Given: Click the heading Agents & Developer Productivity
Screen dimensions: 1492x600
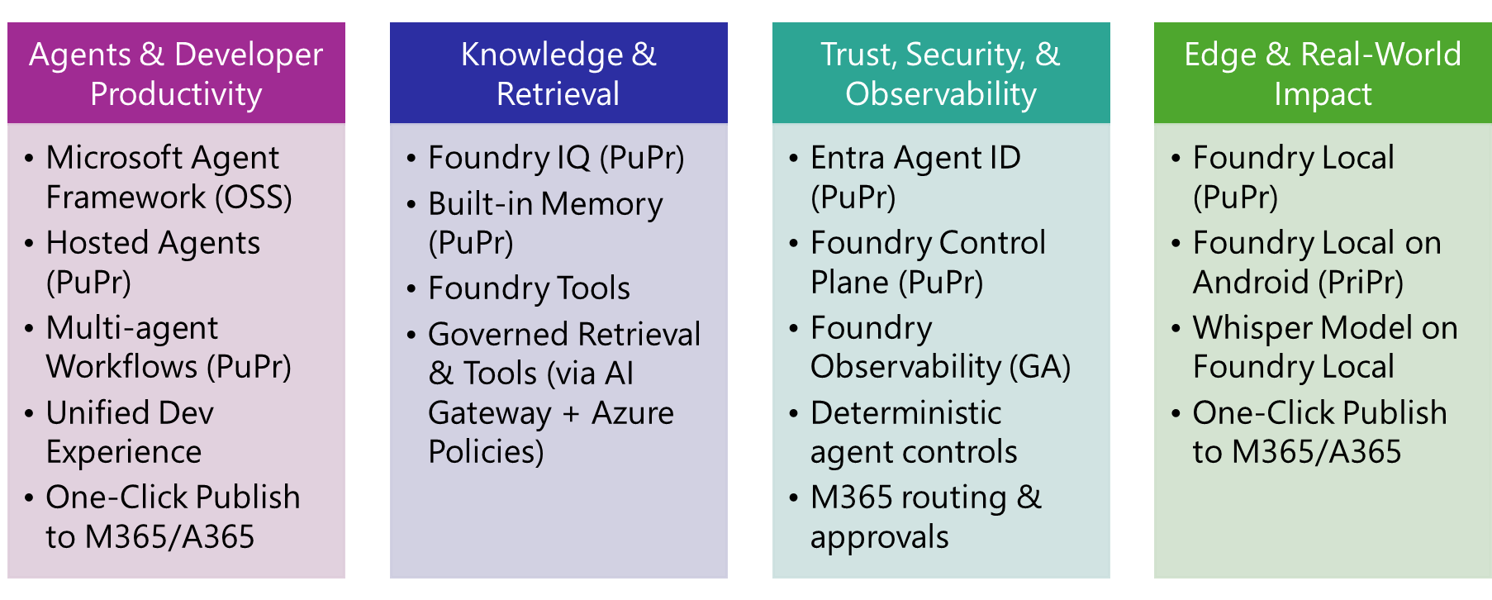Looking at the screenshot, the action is click(176, 74).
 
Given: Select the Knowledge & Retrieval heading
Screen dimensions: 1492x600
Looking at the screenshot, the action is click(558, 74).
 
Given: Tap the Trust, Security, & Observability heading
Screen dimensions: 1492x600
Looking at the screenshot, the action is click(941, 74).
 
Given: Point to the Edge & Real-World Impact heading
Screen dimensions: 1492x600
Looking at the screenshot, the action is click(1323, 74).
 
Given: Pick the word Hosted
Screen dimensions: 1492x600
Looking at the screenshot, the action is click(97, 243).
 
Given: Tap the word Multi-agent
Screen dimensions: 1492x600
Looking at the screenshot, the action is click(132, 328).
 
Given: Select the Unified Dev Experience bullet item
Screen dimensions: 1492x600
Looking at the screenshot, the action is click(130, 432).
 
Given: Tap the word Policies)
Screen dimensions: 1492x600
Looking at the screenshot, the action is click(486, 452).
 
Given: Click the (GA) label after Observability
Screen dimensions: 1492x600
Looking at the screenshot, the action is click(1040, 367).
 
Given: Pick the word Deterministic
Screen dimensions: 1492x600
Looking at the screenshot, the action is click(906, 413).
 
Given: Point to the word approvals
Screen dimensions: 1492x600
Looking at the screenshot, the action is click(880, 538).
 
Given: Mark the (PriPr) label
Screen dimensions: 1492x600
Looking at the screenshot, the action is click(1361, 283).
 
